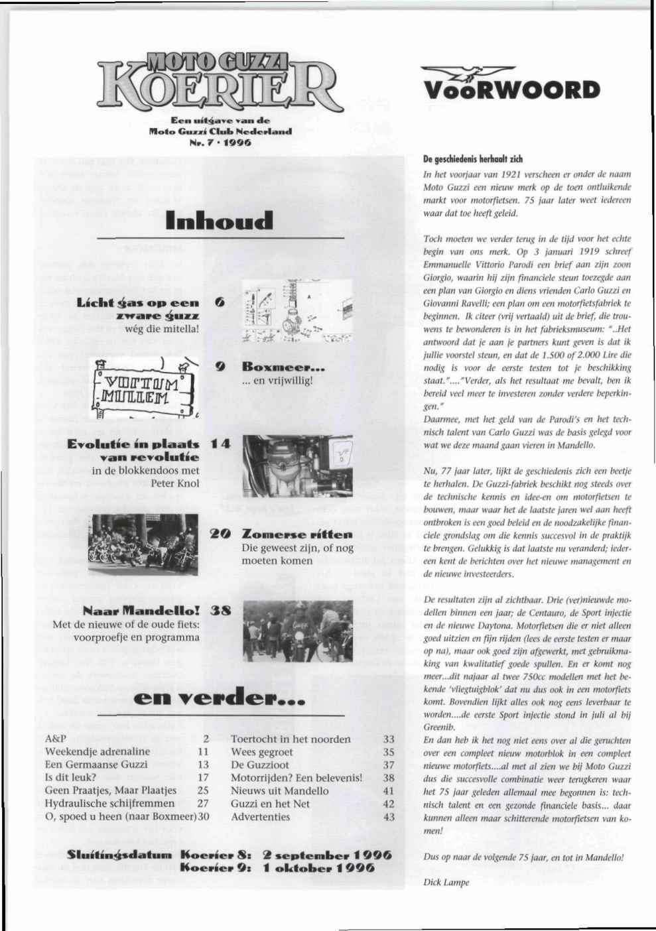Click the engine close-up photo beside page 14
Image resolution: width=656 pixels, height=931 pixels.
coord(298,466)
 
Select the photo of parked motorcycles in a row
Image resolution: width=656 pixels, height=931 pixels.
coord(143,546)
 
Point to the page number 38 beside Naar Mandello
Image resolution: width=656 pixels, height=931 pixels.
coord(220,611)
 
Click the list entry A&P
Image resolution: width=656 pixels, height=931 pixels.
coord(55,739)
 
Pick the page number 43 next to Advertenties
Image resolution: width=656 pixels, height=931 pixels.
coord(389,816)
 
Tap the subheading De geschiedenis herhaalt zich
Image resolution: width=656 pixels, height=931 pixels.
coord(472,160)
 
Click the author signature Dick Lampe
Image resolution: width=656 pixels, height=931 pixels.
coord(446,882)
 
